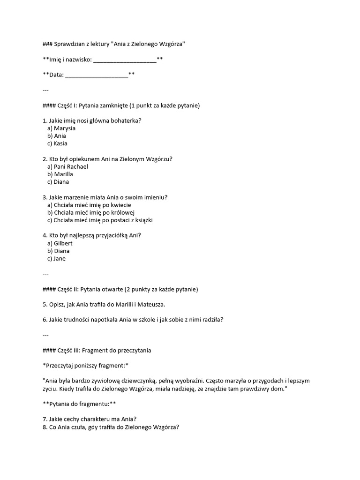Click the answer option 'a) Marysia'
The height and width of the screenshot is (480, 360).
(x=61, y=128)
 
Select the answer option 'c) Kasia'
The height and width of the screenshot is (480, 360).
(x=57, y=143)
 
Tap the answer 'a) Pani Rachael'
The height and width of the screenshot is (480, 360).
(x=67, y=166)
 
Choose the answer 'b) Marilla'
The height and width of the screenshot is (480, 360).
(x=60, y=174)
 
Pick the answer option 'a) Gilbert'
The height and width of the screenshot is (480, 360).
(x=60, y=243)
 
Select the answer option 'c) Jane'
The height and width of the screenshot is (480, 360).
(x=56, y=259)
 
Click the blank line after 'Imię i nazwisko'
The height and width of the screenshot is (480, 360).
(x=125, y=59)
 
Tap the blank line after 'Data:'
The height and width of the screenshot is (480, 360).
(x=97, y=75)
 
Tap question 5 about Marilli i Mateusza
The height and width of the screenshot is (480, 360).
(x=104, y=305)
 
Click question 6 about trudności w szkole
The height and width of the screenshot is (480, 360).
(x=133, y=320)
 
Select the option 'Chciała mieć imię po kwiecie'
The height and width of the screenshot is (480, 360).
(x=89, y=205)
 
